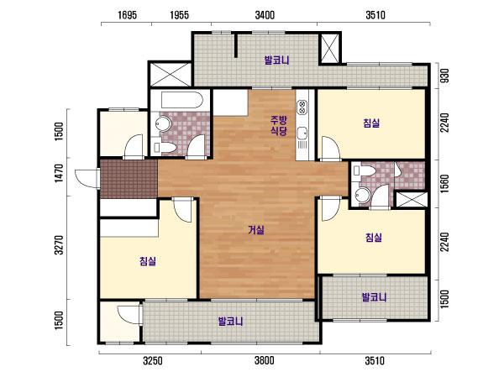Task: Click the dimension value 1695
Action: click(x=128, y=15)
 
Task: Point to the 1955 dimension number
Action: click(x=180, y=15)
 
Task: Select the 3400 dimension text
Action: click(x=265, y=15)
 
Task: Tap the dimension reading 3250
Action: click(x=153, y=360)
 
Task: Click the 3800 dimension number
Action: click(x=265, y=360)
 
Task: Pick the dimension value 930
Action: click(x=444, y=76)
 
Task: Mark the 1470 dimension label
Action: click(x=59, y=174)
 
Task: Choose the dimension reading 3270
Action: click(x=59, y=245)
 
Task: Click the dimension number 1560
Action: click(x=444, y=184)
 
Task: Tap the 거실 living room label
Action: click(x=256, y=230)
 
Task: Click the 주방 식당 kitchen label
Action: click(x=278, y=126)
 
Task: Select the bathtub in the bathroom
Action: click(x=181, y=100)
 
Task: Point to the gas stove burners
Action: click(x=302, y=107)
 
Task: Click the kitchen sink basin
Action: click(x=302, y=134)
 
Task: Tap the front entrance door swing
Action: click(x=87, y=178)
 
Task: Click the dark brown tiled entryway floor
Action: click(x=129, y=179)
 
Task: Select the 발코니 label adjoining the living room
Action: click(x=230, y=322)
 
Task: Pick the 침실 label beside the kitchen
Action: click(x=371, y=123)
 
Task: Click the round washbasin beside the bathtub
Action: click(x=163, y=123)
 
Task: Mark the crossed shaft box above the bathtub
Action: click(x=171, y=75)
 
